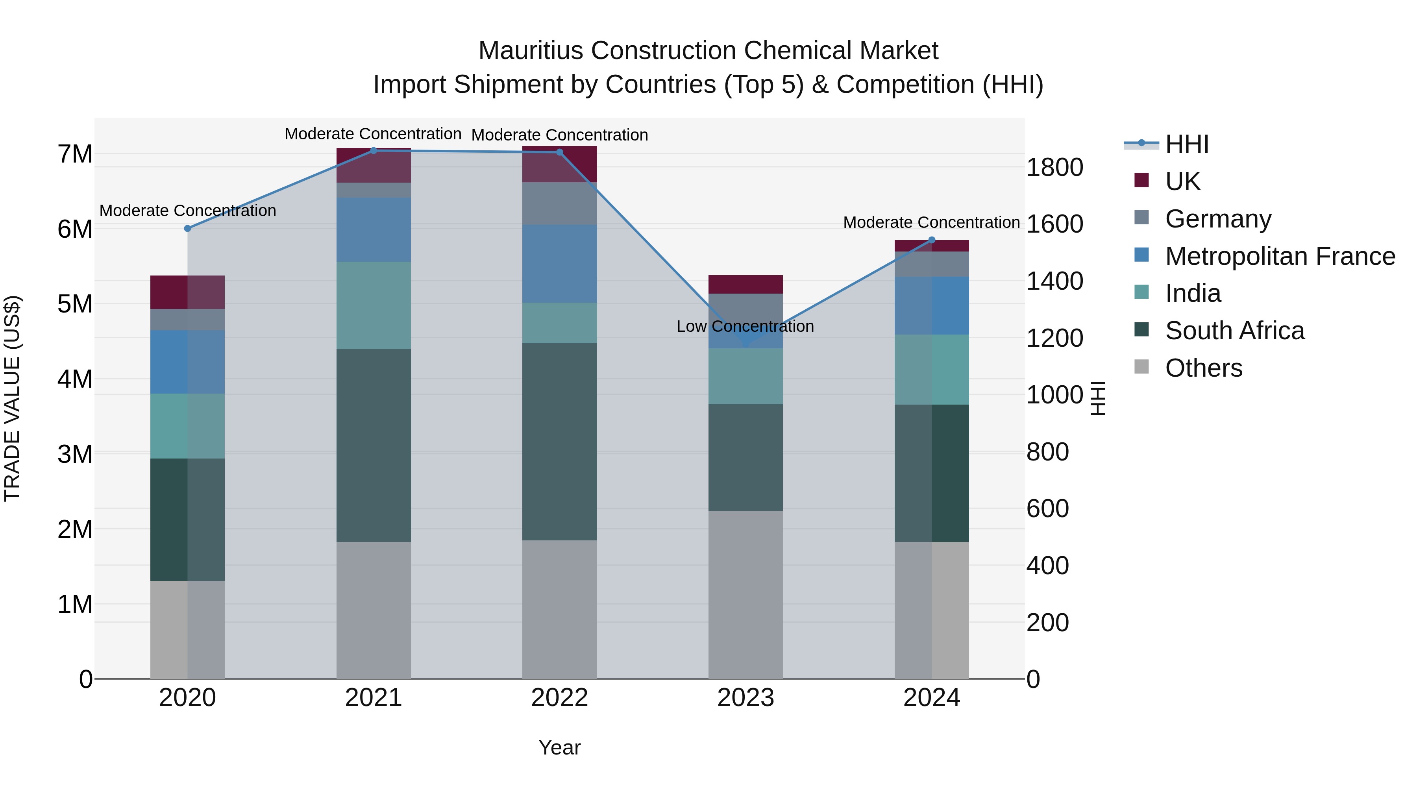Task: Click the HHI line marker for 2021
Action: pyautogui.click(x=374, y=150)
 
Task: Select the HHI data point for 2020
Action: pyautogui.click(x=188, y=228)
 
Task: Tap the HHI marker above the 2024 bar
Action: pyautogui.click(x=932, y=240)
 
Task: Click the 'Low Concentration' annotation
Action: pyautogui.click(x=745, y=326)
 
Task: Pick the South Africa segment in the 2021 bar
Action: pyautogui.click(x=374, y=446)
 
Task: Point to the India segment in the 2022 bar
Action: pyautogui.click(x=559, y=323)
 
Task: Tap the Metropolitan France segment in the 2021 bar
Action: pyautogui.click(x=374, y=229)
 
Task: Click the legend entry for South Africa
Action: pyautogui.click(x=1234, y=331)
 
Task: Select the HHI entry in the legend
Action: pyautogui.click(x=1186, y=144)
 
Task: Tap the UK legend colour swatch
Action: pyautogui.click(x=1141, y=180)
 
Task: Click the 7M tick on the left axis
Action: pyautogui.click(x=75, y=154)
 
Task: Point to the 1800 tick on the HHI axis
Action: pyautogui.click(x=1054, y=167)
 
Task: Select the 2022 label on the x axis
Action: pyautogui.click(x=559, y=698)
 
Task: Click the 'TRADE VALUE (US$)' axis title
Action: pyautogui.click(x=12, y=398)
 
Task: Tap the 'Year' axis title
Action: pyautogui.click(x=559, y=747)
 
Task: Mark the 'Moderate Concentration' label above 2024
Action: pyautogui.click(x=931, y=222)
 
